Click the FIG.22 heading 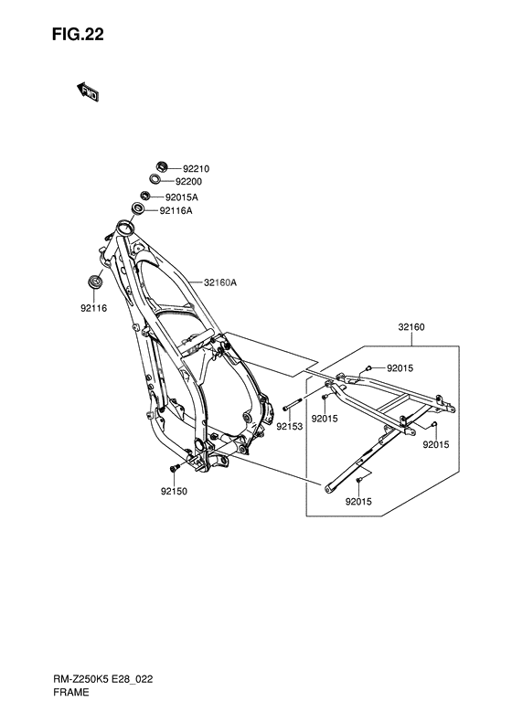[78, 35]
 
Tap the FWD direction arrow [87, 91]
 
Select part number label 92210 [196, 169]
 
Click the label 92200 [188, 182]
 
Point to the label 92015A [181, 197]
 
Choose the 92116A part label [176, 211]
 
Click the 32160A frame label [220, 282]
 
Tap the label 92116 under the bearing [93, 308]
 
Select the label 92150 [174, 492]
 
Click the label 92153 [290, 427]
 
